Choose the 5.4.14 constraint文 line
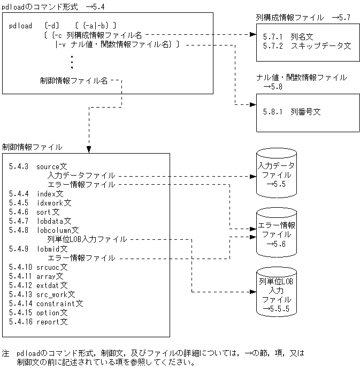click(46, 304)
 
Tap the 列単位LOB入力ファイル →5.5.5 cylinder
click(275, 292)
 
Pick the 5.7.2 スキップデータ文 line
click(307, 46)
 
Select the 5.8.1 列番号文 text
click(292, 112)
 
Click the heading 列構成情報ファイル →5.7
click(303, 18)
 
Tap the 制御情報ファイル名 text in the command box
click(74, 81)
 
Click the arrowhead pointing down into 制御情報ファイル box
click(89, 148)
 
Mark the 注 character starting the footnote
click(6, 353)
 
